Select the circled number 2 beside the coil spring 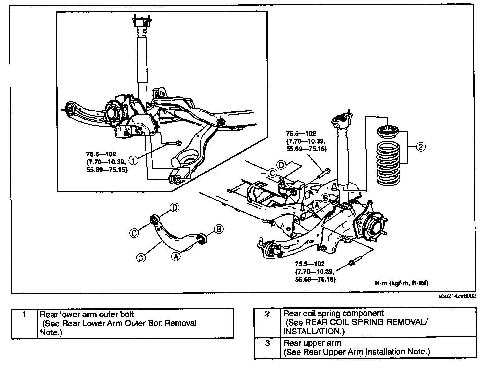[420, 147]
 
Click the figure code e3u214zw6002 [457, 296]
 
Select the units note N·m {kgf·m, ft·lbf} [402, 283]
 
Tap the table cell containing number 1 [24, 323]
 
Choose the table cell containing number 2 [267, 322]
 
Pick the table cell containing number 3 [267, 348]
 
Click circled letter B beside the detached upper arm [218, 229]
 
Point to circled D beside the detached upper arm [175, 208]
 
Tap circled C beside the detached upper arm [134, 233]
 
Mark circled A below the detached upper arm [176, 256]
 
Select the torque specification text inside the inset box [107, 162]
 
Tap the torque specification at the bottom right [315, 272]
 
